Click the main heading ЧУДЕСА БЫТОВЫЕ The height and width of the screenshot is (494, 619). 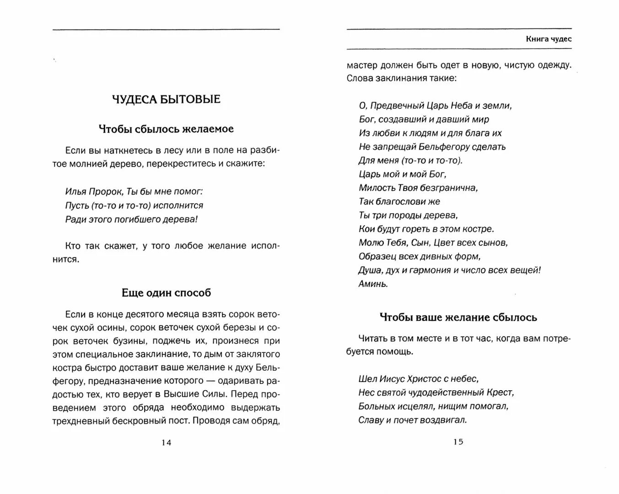(166, 99)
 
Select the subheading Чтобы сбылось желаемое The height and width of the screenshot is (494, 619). (166, 129)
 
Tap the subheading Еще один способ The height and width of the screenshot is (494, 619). (166, 293)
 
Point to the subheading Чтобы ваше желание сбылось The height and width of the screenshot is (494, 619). (458, 317)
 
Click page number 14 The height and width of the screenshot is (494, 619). (166, 443)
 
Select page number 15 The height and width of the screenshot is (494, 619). (458, 442)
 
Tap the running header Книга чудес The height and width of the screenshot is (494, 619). (549, 39)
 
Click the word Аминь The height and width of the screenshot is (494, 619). (373, 284)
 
